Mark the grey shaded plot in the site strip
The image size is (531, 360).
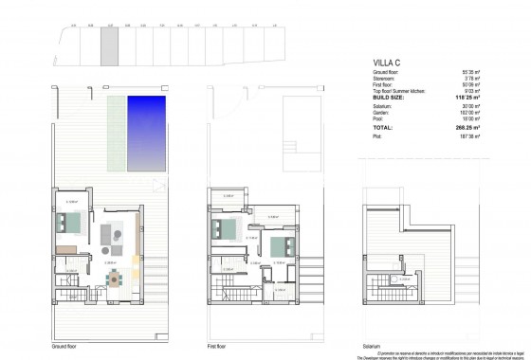pos(110,44)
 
